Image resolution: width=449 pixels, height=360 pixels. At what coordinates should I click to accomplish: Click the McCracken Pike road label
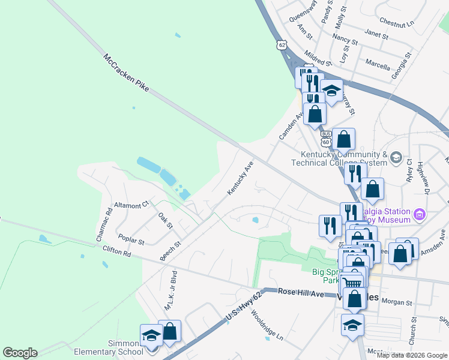point(126,76)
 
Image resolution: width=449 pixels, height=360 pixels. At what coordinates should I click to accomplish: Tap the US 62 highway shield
point(282,44)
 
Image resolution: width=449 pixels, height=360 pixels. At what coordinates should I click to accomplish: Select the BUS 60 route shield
point(326,139)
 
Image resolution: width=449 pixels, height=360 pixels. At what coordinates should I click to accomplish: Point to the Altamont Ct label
point(131,205)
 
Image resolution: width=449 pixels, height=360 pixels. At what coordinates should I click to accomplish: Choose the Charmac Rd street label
point(104,224)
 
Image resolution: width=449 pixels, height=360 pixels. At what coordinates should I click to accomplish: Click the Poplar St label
point(131,239)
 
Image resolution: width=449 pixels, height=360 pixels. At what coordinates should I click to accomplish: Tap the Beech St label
point(170,251)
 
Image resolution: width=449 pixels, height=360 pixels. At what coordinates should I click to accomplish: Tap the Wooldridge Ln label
point(267,324)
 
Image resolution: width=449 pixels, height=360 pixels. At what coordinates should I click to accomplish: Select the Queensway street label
point(303,11)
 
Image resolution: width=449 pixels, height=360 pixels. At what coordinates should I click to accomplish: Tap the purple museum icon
point(420,214)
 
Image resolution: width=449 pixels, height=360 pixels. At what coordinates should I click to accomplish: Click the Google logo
point(20,353)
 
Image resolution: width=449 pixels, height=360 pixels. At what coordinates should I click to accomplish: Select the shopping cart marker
point(352,282)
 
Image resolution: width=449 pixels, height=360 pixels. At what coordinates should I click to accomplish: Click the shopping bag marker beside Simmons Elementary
point(170,331)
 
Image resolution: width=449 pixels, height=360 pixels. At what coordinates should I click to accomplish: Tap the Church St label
point(413,331)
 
